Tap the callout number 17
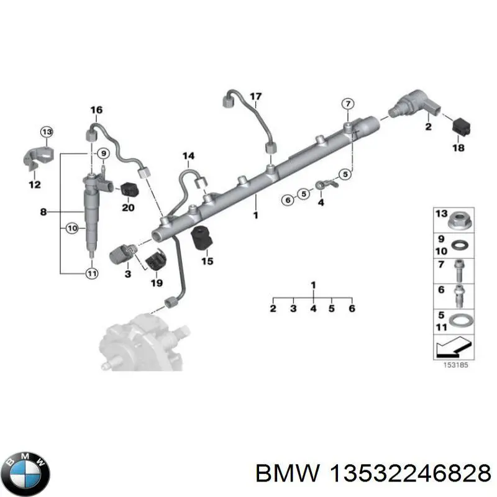pyautogui.click(x=256, y=96)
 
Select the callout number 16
pyautogui.click(x=96, y=111)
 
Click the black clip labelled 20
pyautogui.click(x=128, y=189)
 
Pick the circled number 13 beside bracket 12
pyautogui.click(x=47, y=131)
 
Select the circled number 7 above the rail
pyautogui.click(x=349, y=103)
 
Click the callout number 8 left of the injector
pyautogui.click(x=43, y=212)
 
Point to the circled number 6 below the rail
pyautogui.click(x=286, y=200)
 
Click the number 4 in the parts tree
pyautogui.click(x=313, y=308)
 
